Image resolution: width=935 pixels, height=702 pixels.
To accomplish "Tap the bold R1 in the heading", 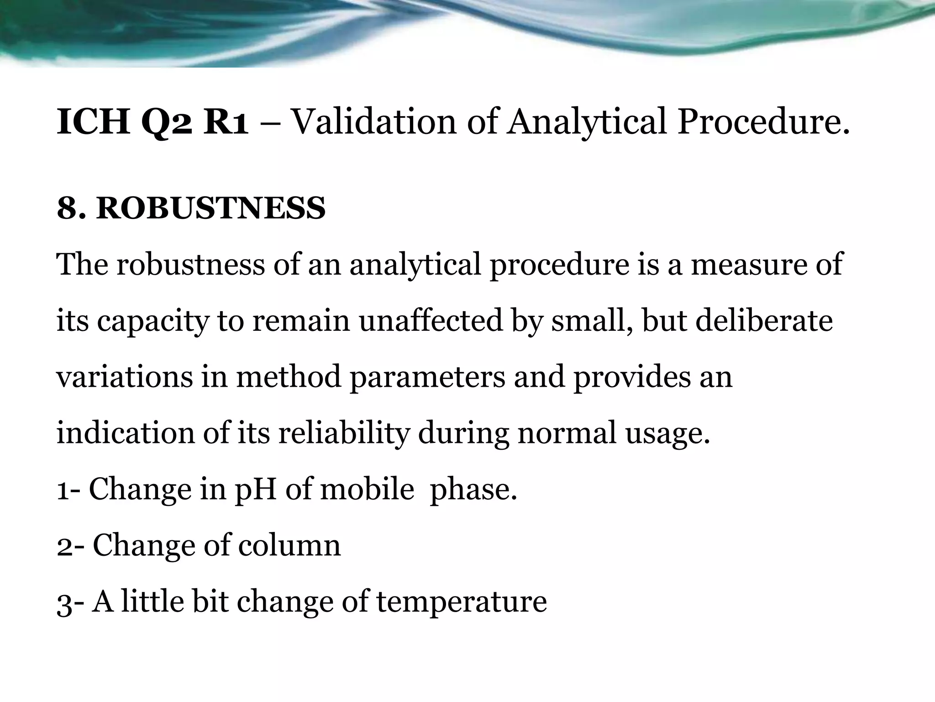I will click(x=226, y=122).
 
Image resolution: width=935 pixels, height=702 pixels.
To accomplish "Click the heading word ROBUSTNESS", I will click(x=210, y=208).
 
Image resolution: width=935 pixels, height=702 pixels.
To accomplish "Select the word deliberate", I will click(x=764, y=320).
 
